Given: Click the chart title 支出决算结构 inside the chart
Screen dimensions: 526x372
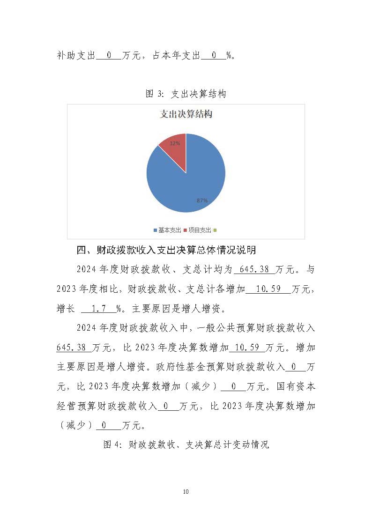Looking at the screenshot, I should pyautogui.click(x=186, y=114).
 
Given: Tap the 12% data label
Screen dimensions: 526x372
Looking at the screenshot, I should pyautogui.click(x=175, y=143).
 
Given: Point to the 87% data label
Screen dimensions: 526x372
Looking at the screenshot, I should pyautogui.click(x=202, y=200).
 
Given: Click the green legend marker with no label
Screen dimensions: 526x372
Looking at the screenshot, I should pyautogui.click(x=215, y=230).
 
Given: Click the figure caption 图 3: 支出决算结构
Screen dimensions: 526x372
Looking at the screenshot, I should pyautogui.click(x=186, y=94).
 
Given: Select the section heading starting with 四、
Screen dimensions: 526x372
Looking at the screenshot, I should pyautogui.click(x=166, y=250).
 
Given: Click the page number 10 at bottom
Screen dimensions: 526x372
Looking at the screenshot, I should pyautogui.click(x=186, y=491).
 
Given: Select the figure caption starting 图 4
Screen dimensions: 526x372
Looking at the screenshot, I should pyautogui.click(x=186, y=445).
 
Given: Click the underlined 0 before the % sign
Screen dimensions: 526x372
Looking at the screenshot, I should pyautogui.click(x=214, y=55).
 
